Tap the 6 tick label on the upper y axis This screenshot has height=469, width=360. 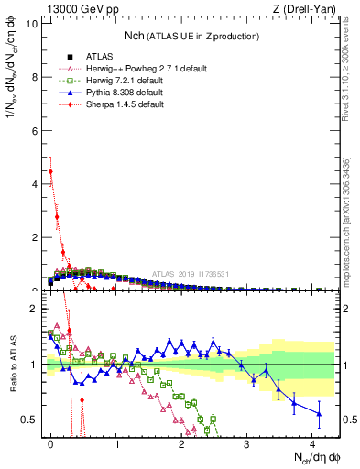click(33, 130)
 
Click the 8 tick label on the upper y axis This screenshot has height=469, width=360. click(33, 77)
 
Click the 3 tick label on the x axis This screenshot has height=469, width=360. click(247, 443)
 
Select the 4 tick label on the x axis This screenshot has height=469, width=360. click(312, 443)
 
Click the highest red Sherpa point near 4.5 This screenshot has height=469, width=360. click(51, 171)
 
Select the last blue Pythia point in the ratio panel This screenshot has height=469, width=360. click(319, 413)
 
